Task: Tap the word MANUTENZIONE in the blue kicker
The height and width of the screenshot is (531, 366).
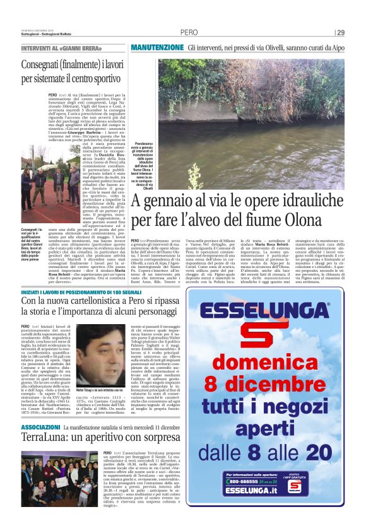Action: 157,47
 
